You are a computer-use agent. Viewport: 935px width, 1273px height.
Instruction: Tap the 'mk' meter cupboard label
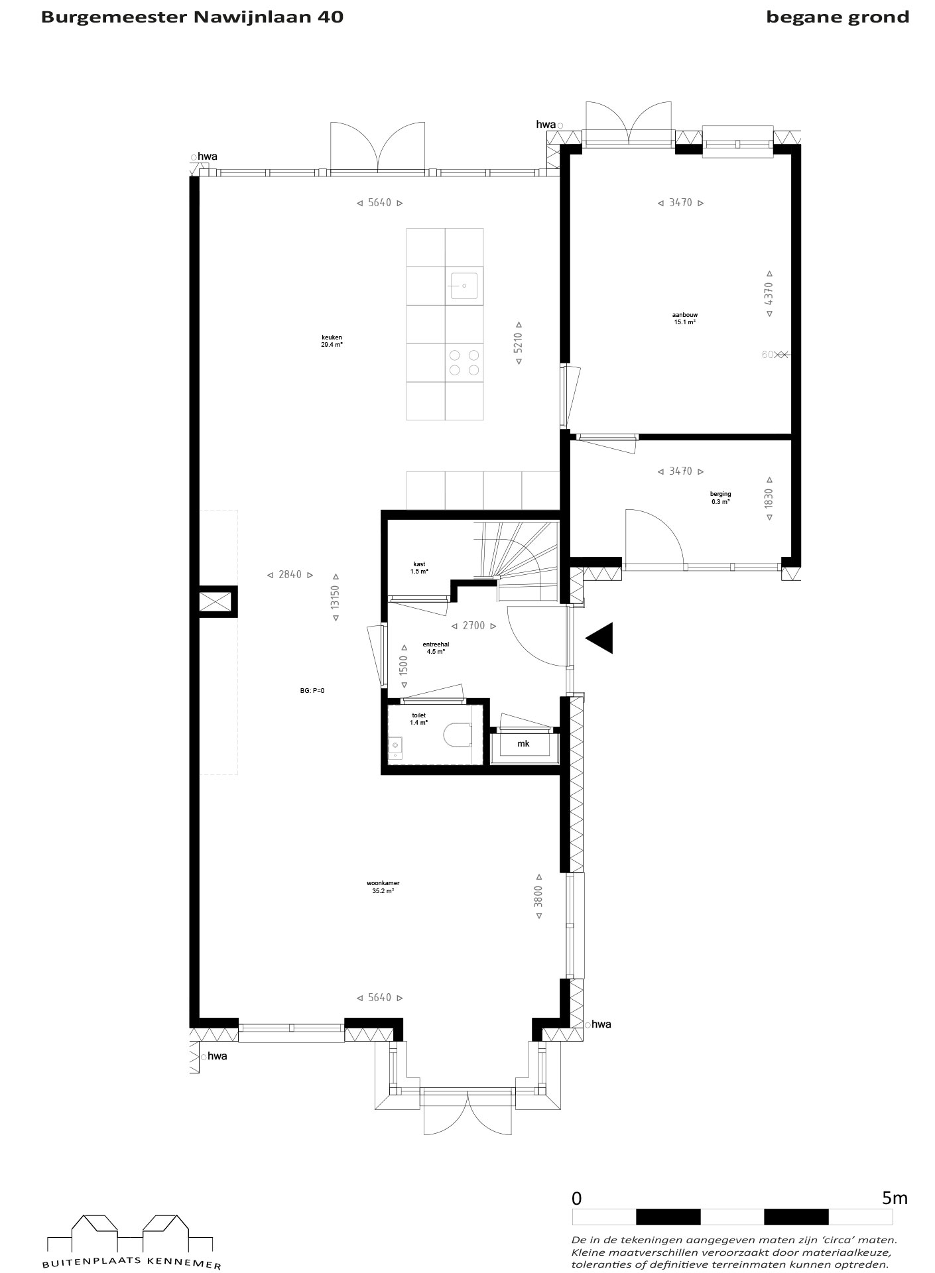click(523, 744)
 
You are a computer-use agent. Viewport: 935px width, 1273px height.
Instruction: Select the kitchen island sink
click(464, 285)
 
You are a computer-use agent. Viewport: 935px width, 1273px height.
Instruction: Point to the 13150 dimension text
click(336, 597)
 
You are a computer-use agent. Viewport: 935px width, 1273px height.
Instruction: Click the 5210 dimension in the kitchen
click(519, 343)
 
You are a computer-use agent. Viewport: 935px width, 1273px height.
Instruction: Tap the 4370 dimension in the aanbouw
click(769, 294)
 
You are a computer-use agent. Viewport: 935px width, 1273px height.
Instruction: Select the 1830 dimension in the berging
click(769, 499)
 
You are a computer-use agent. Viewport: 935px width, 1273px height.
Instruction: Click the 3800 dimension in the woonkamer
click(538, 896)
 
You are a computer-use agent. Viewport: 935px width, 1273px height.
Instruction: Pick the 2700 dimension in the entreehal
click(473, 626)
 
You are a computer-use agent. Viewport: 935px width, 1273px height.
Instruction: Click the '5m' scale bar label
click(895, 1198)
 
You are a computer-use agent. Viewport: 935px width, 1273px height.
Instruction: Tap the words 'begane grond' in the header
click(838, 17)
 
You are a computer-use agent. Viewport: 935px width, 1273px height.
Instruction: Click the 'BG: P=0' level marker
click(312, 690)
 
